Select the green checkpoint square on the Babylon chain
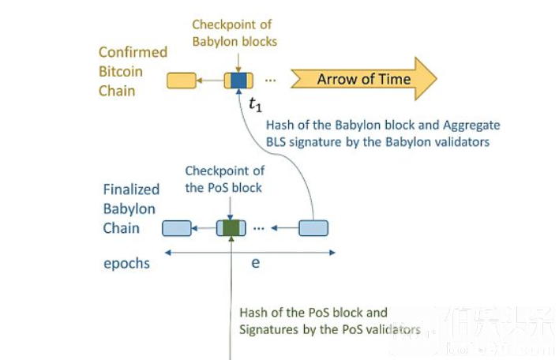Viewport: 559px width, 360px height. (230, 228)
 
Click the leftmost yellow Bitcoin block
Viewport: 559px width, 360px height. (182, 80)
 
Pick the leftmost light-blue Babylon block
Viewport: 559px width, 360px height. (177, 228)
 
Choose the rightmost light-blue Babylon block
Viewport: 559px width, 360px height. (313, 228)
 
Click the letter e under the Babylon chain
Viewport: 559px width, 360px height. (256, 263)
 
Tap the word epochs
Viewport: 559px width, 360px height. (126, 264)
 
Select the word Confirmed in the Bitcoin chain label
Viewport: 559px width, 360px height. (133, 52)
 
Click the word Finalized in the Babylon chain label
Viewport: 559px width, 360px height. (131, 189)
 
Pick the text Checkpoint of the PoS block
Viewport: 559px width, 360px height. (224, 179)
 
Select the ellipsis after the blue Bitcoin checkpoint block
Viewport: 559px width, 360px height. (271, 80)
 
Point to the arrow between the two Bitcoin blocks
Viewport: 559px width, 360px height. (209, 80)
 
